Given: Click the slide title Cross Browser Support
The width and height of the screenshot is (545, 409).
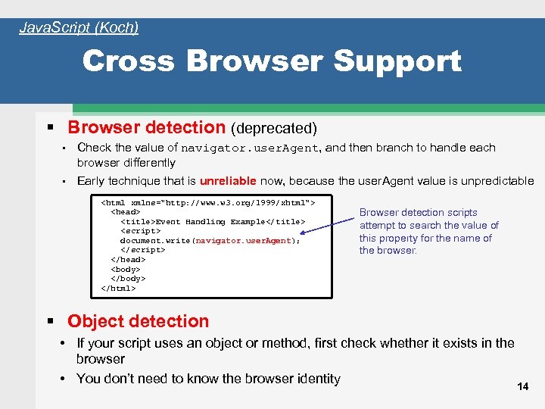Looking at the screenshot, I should point(272,61).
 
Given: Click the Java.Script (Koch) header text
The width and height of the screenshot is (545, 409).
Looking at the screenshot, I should point(79,28).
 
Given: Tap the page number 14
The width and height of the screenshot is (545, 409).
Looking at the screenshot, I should point(522,386).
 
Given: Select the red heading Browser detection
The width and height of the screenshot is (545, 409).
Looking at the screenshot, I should point(147,128).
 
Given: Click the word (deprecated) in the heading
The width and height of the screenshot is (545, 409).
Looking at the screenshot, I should point(273,129).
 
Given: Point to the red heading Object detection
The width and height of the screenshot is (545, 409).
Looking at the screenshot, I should point(138,321).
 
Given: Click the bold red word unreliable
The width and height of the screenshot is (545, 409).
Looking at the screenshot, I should point(227,181).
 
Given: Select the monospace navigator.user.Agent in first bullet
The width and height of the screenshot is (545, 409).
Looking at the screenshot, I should point(251,148).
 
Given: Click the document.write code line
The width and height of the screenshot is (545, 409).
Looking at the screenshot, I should point(210,241).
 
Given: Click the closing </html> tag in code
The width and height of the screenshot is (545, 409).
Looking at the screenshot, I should point(118,288).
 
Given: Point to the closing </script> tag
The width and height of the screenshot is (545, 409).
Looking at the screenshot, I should point(142,250).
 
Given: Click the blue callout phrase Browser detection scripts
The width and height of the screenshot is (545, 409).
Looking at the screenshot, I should point(418,213).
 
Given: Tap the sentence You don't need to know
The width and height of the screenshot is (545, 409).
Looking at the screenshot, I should point(208,379).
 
